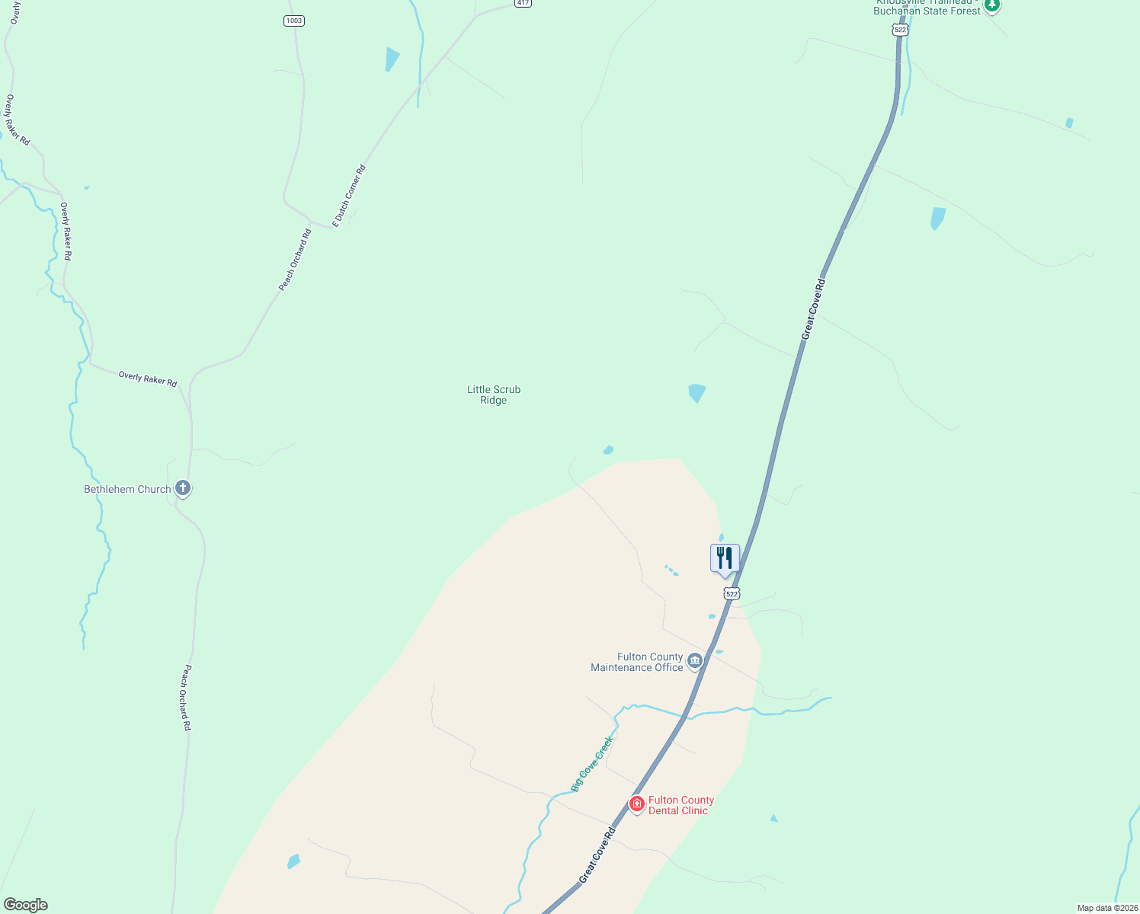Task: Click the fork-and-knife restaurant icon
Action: coord(725,559)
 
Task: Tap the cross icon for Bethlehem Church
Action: coord(182,488)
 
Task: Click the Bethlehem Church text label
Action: coord(127,489)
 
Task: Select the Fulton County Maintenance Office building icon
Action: coord(694,661)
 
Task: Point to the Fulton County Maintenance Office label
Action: coord(637,662)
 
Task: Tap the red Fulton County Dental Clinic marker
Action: coord(637,804)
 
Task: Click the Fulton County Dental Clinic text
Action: coord(680,805)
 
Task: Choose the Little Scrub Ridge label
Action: coord(494,395)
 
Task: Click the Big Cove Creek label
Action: coord(592,763)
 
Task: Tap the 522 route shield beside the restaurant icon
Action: coord(732,593)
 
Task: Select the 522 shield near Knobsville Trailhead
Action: coord(900,30)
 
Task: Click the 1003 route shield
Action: coord(294,21)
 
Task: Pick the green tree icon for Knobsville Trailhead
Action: coord(991,5)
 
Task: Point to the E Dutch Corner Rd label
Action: coord(349,196)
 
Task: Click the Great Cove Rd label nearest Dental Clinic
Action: coord(597,855)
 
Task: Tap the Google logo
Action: coord(25,905)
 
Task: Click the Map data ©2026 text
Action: coord(1107,908)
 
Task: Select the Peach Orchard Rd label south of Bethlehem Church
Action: coord(186,698)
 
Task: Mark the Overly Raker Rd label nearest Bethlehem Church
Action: coord(148,379)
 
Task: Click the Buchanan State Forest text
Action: coord(927,11)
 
